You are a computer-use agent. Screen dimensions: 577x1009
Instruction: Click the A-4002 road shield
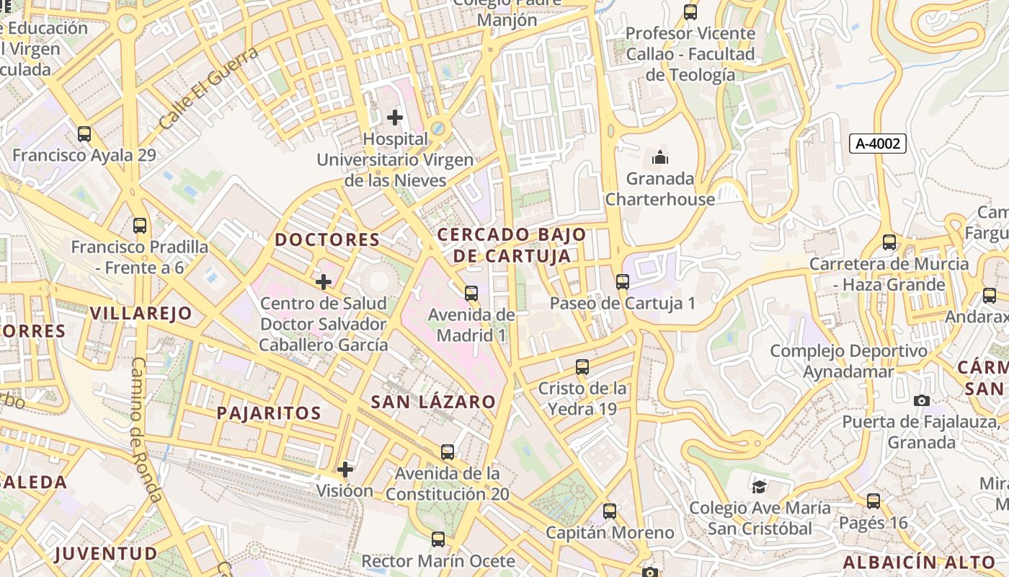point(877,144)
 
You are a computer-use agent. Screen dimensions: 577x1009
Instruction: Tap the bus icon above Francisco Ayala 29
point(84,133)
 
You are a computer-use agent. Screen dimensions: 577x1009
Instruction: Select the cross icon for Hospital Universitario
point(395,117)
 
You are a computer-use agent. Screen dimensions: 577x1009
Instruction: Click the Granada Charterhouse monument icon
point(659,157)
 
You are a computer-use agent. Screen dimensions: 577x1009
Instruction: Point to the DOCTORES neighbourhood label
point(327,239)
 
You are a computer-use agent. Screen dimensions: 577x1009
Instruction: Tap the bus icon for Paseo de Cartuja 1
point(623,282)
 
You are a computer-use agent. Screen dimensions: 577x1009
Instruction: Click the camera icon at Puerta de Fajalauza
point(921,400)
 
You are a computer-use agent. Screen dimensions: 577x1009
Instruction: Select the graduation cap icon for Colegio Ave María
point(760,487)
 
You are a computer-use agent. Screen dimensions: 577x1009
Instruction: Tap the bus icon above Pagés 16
point(874,501)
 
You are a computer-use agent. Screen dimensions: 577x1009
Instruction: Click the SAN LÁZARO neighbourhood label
point(433,402)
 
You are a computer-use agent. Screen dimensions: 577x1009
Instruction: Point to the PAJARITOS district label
point(269,413)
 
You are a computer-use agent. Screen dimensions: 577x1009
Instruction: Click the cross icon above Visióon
point(345,470)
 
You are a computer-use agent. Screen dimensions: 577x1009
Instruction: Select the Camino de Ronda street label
point(146,429)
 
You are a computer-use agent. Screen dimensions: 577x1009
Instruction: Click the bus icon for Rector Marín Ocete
point(438,539)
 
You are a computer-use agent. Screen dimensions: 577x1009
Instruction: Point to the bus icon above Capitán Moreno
point(610,511)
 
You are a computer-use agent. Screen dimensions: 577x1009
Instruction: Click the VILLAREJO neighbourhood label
point(141,313)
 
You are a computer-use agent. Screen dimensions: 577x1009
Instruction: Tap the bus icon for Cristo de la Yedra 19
point(582,367)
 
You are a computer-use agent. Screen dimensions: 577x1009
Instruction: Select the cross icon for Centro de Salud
point(324,281)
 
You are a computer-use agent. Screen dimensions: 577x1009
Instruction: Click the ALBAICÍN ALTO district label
point(920,563)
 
